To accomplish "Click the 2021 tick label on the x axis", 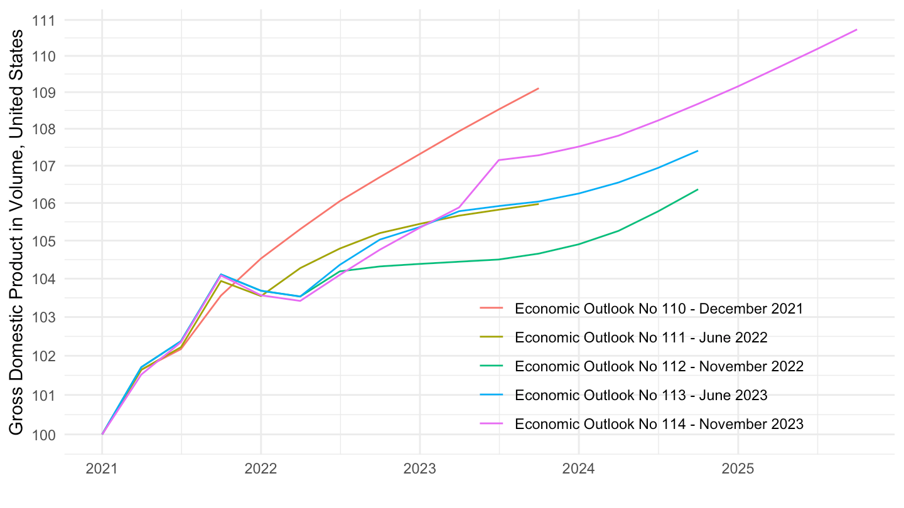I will click(x=102, y=468).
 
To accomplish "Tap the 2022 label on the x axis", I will click(x=261, y=468).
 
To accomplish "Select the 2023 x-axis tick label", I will click(x=420, y=468).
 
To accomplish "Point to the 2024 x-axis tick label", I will click(x=579, y=468).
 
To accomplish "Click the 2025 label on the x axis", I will click(x=738, y=468).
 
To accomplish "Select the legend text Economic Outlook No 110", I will click(x=659, y=309).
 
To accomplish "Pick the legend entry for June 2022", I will click(x=641, y=337).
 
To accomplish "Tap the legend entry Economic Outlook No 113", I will click(x=641, y=395).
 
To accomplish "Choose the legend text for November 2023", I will click(x=659, y=424).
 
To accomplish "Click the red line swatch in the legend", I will click(x=492, y=309).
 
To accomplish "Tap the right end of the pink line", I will click(x=856, y=29).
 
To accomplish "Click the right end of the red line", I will click(x=538, y=88).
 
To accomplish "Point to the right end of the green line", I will click(x=697, y=189).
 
